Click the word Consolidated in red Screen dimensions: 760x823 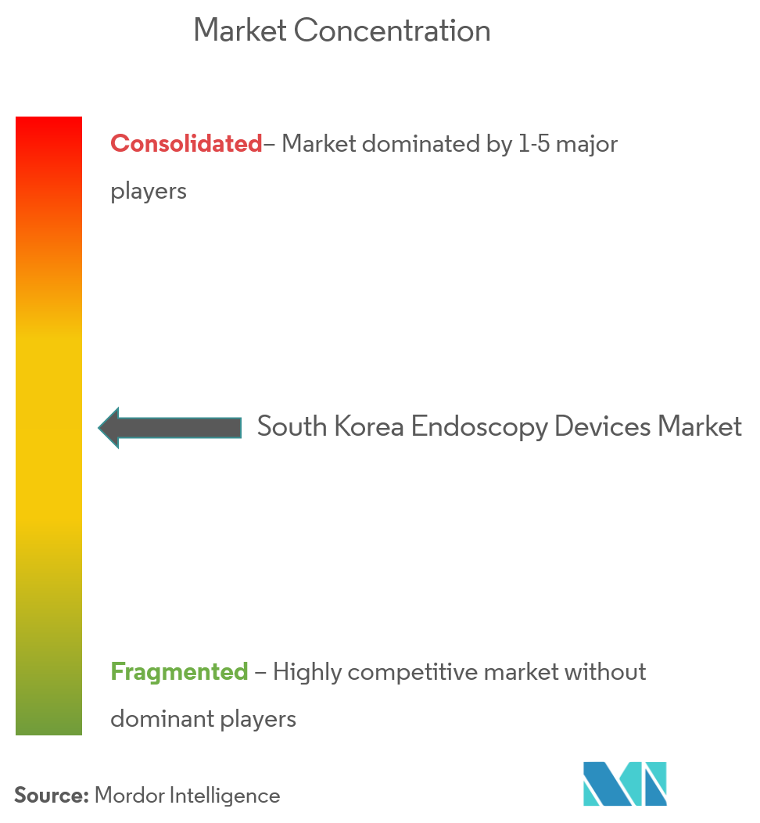click(x=186, y=144)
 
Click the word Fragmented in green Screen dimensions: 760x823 click(x=179, y=672)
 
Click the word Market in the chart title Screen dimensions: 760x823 click(x=239, y=31)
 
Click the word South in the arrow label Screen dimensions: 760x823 click(x=293, y=427)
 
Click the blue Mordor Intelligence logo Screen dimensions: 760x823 click(x=625, y=783)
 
